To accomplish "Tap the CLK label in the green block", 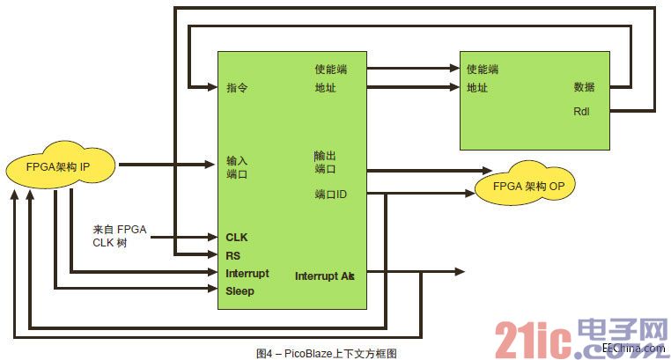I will (237, 237).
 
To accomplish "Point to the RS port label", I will (233, 255).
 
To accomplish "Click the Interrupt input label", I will (247, 273).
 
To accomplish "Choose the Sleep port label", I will (240, 290).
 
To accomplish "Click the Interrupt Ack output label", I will (324, 276).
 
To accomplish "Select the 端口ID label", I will (330, 194).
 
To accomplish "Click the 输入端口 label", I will (237, 167).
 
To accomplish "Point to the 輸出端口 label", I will (325, 161).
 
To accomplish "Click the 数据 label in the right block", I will (584, 87).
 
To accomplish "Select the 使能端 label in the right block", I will (483, 69).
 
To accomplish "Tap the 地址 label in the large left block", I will (325, 87).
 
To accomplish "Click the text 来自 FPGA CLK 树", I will (120, 236).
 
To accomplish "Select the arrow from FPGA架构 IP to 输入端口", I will (167, 164).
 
